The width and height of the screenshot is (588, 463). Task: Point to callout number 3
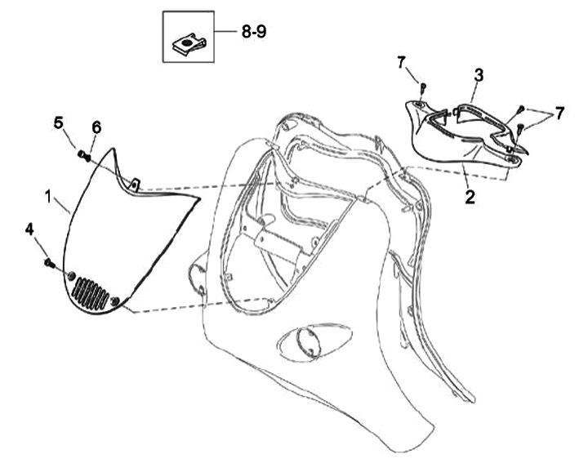[479, 74]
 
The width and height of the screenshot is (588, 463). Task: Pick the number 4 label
[30, 231]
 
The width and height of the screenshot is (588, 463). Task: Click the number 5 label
[59, 122]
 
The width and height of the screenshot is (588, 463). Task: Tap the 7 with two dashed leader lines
[559, 113]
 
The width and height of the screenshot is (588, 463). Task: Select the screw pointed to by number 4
[49, 263]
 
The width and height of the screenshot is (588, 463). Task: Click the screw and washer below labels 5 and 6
[84, 153]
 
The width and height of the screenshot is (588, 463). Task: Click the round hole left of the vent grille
[71, 274]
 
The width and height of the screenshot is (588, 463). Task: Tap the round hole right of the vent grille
[119, 302]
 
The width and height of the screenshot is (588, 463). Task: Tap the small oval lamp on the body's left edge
[198, 277]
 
